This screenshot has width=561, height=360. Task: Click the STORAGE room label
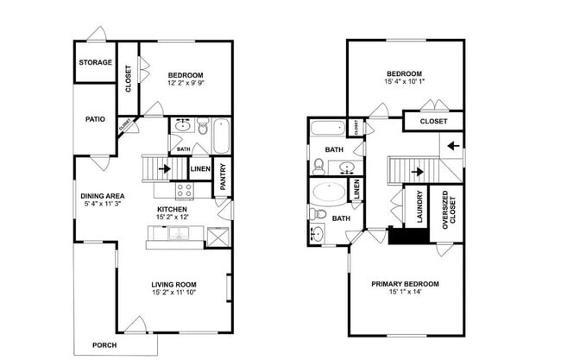pos(95,63)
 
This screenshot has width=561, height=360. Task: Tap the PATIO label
pos(95,120)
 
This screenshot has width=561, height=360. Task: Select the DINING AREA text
pos(103,195)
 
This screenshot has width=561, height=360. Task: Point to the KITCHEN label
pos(172,209)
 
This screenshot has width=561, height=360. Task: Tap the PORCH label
pos(104,345)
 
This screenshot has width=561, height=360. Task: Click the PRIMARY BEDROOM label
pos(405,284)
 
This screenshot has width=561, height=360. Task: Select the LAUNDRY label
pos(419,207)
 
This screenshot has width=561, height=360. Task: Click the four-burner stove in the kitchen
pos(185,191)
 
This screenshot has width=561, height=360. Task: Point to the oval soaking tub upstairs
pos(327,193)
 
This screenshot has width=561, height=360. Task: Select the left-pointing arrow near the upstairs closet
pos(449,145)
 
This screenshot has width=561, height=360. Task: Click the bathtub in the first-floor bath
pos(220,135)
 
